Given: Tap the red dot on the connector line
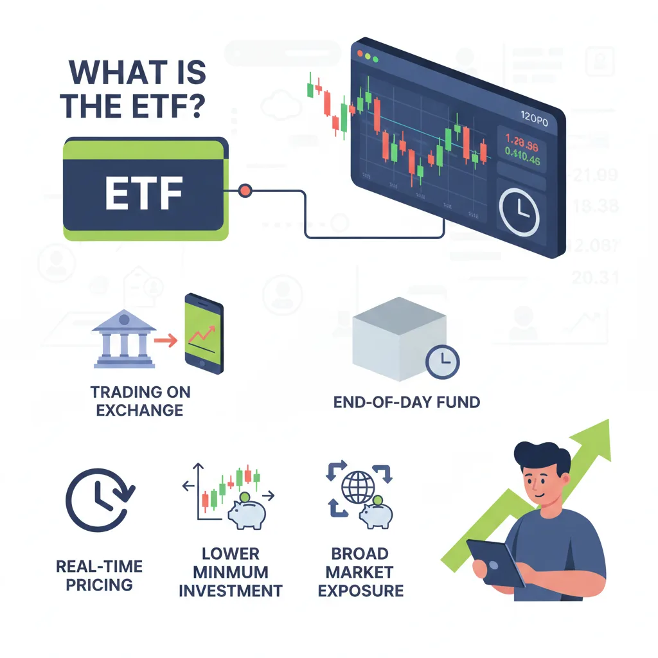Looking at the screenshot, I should pyautogui.click(x=245, y=190).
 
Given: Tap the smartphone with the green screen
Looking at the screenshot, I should pyautogui.click(x=204, y=332).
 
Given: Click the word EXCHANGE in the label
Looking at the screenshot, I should pyautogui.click(x=140, y=409).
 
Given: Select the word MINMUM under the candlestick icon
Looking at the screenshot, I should pyautogui.click(x=230, y=571).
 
